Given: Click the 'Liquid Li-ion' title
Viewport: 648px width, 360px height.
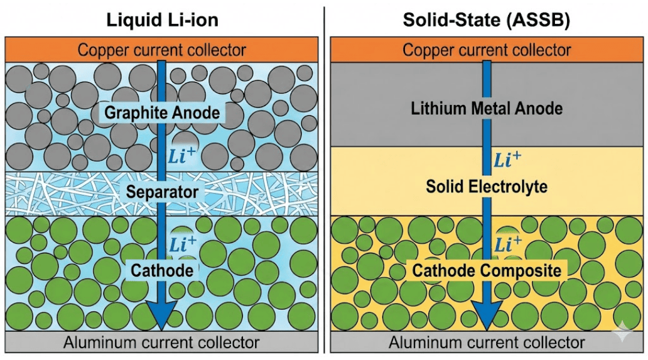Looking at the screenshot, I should coord(162,19).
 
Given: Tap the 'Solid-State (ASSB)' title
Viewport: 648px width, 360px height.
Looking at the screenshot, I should coord(487,19).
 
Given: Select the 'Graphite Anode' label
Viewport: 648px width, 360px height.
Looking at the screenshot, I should coord(162,112).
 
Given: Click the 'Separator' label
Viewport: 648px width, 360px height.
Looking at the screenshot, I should coord(162,193).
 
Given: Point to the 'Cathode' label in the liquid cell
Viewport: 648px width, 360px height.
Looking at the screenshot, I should coord(162,270).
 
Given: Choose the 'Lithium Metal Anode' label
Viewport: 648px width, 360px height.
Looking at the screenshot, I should coord(487,109).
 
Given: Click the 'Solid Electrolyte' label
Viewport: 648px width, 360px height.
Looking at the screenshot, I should coord(487,186).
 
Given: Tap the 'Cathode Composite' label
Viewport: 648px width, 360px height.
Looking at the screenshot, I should coord(487,270).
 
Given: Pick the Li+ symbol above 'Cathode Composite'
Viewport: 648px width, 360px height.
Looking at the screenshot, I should coord(507,244).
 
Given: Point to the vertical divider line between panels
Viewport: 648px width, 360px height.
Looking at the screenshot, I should coord(324,180).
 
